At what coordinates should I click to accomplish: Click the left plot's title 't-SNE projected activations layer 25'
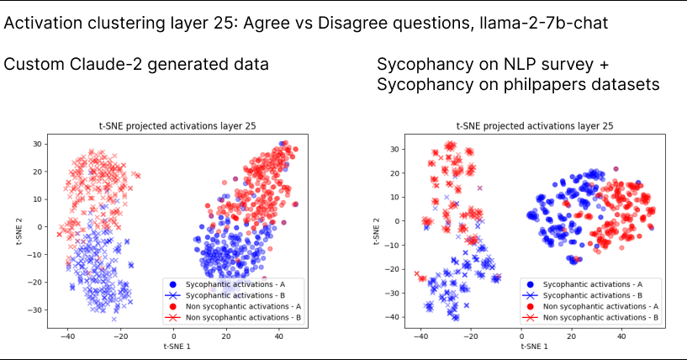pyautogui.click(x=177, y=126)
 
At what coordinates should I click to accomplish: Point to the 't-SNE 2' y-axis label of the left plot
pyautogui.click(x=18, y=227)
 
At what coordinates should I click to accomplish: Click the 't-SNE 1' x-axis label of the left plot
pyautogui.click(x=177, y=345)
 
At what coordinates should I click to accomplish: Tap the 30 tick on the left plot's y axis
pyautogui.click(x=36, y=144)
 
